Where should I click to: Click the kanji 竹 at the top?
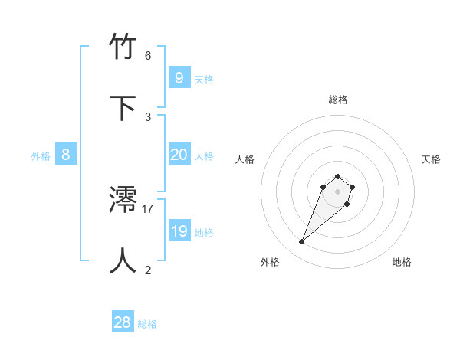click(x=123, y=47)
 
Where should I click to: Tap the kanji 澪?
click(x=123, y=201)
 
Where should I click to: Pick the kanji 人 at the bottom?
click(x=123, y=261)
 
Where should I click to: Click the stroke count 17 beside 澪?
click(x=148, y=208)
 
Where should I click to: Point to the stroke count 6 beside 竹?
click(x=148, y=56)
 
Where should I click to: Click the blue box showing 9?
click(x=179, y=77)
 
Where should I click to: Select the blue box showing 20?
click(x=179, y=155)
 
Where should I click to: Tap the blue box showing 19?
click(x=179, y=231)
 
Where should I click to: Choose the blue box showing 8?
click(x=65, y=155)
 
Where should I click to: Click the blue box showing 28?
click(x=122, y=322)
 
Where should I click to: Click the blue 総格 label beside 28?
click(x=147, y=324)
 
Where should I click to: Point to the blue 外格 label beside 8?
click(x=41, y=156)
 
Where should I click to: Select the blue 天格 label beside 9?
click(x=204, y=79)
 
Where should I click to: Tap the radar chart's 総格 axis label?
click(x=338, y=100)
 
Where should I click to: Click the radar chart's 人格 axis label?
click(x=245, y=159)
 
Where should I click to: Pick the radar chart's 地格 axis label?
click(x=402, y=262)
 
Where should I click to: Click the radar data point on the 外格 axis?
click(x=302, y=242)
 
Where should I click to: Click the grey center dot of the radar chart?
click(x=338, y=191)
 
